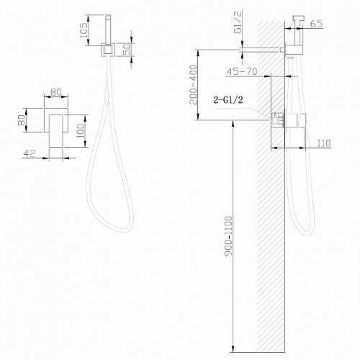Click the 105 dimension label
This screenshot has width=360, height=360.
[x=84, y=30]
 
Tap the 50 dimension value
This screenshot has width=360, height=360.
[x=127, y=49]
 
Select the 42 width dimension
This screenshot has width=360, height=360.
[x=30, y=153]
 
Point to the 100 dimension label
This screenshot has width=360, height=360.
[x=81, y=131]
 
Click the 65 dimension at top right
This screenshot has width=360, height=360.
[x=316, y=24]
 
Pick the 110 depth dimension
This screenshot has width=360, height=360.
[x=324, y=143]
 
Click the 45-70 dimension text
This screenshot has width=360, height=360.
[x=242, y=71]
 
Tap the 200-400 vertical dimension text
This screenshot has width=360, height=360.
[x=194, y=85]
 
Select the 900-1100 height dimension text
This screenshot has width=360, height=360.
[x=228, y=236]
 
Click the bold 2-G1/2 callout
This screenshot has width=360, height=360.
[x=228, y=99]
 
